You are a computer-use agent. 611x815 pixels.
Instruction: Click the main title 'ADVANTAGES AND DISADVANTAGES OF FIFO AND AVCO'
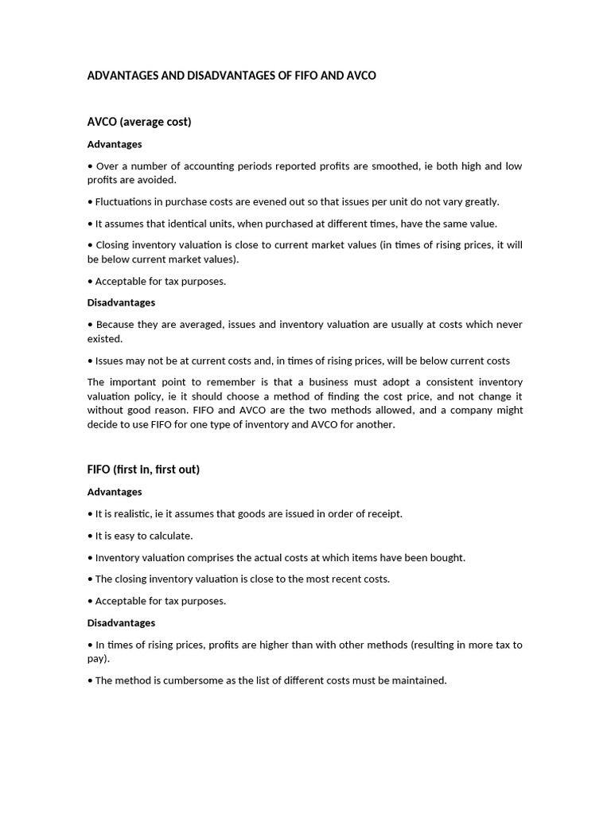(x=232, y=76)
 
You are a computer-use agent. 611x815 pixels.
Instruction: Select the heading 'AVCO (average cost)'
(x=139, y=122)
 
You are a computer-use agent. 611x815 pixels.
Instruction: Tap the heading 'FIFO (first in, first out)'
(x=143, y=469)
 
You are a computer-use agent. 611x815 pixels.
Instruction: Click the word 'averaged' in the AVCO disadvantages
(x=206, y=325)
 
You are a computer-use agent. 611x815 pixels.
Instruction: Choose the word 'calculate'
(x=170, y=536)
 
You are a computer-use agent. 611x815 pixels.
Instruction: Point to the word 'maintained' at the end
(x=418, y=680)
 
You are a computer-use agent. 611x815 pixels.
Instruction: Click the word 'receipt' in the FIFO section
(x=383, y=513)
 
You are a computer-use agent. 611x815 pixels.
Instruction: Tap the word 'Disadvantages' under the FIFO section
(x=121, y=622)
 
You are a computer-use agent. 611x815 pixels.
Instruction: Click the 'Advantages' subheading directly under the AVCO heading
(x=115, y=144)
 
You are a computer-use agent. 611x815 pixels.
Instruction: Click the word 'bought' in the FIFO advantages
(x=447, y=557)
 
